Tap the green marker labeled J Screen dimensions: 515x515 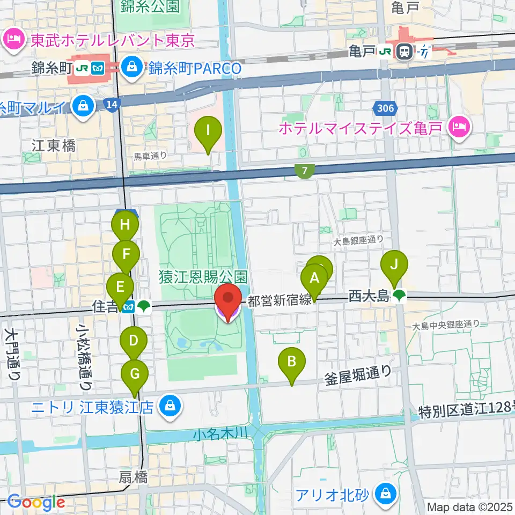[394, 264]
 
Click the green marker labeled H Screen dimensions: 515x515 [125, 225]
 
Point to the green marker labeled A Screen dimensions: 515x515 [314, 278]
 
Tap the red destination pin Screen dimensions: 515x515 [228, 300]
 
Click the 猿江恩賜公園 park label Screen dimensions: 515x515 [203, 277]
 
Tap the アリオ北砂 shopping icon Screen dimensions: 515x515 [385, 494]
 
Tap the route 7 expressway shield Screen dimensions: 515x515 [304, 171]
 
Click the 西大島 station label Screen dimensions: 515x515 [369, 295]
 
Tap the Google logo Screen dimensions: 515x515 [36, 503]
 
